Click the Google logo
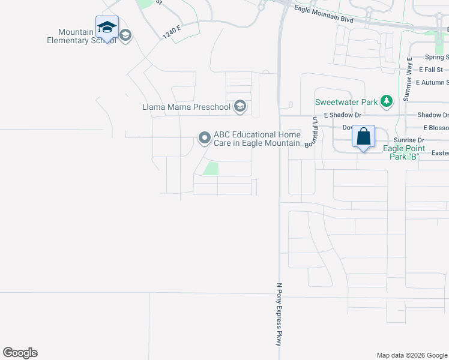20,353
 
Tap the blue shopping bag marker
363,137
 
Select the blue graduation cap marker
107,28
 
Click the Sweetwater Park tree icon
387,101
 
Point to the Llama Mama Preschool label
186,107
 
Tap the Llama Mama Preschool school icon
240,107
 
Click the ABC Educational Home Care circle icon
204,139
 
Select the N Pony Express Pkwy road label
279,314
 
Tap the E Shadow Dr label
342,115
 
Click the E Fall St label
433,70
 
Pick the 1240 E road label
172,32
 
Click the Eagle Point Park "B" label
404,152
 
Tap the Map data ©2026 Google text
412,355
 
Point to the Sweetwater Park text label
347,102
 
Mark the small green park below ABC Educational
210,169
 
